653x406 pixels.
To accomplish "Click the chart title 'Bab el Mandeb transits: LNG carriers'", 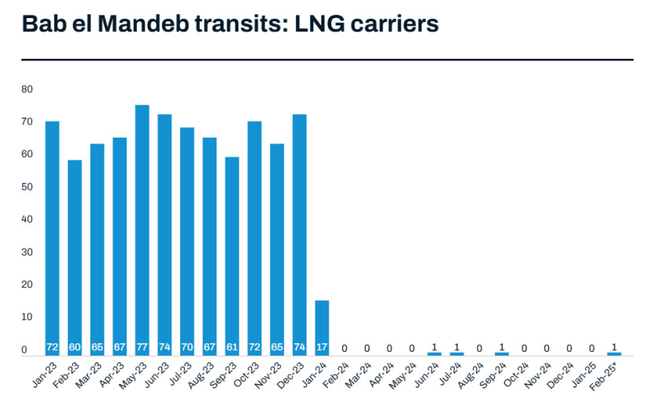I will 230,24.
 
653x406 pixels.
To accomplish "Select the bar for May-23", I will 142,228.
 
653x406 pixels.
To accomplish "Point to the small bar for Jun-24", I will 434,353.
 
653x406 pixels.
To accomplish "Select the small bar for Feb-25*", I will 614,353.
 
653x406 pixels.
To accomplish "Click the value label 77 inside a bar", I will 142,347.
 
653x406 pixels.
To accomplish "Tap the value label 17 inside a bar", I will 322,347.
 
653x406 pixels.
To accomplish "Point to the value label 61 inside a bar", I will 232,347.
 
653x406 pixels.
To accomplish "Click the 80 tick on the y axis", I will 27,89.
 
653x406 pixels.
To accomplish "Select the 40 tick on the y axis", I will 27,219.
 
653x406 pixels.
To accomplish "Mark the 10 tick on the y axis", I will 27,316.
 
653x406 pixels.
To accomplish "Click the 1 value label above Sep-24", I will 502,347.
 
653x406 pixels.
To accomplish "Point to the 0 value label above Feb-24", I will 345,347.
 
